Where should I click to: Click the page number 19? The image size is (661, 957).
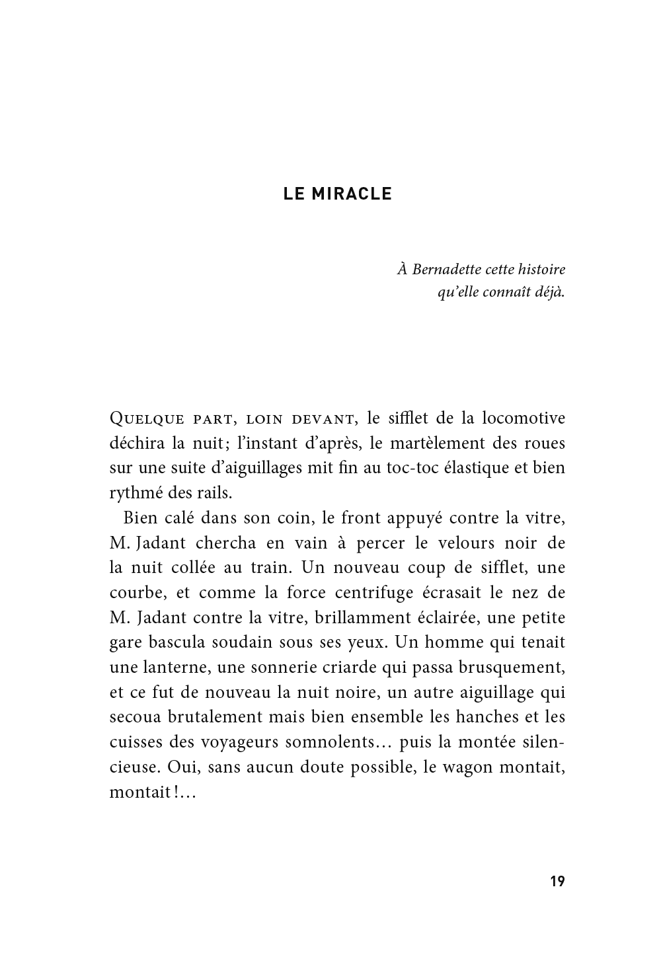coord(557,881)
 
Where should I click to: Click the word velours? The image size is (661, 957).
coord(473,543)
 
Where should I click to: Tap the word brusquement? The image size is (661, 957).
coord(508,668)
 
